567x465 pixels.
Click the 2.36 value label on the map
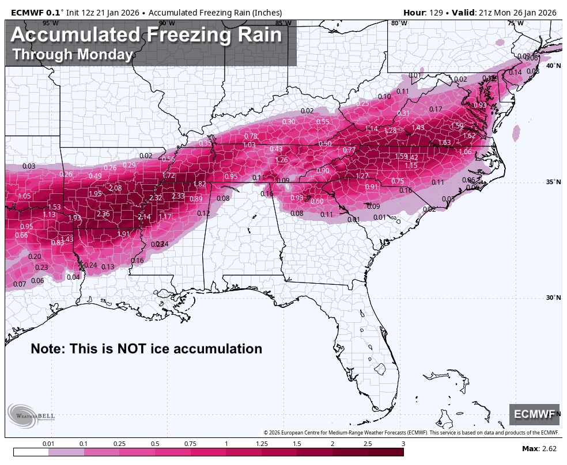(103, 214)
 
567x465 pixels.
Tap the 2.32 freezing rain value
(156, 198)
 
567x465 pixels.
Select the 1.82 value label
(199, 184)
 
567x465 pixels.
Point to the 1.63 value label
(444, 143)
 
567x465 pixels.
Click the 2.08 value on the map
(115, 188)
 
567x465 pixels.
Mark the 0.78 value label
(251, 136)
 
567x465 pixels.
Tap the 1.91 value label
(123, 234)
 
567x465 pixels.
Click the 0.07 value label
(19, 284)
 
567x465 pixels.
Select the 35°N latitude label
(553, 182)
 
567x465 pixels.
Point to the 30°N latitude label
(553, 298)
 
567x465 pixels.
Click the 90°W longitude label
(167, 23)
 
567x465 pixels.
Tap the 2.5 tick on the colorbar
(368, 444)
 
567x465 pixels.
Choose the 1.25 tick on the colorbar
(262, 444)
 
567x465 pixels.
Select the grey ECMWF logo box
(534, 414)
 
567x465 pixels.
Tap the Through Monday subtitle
(73, 55)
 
